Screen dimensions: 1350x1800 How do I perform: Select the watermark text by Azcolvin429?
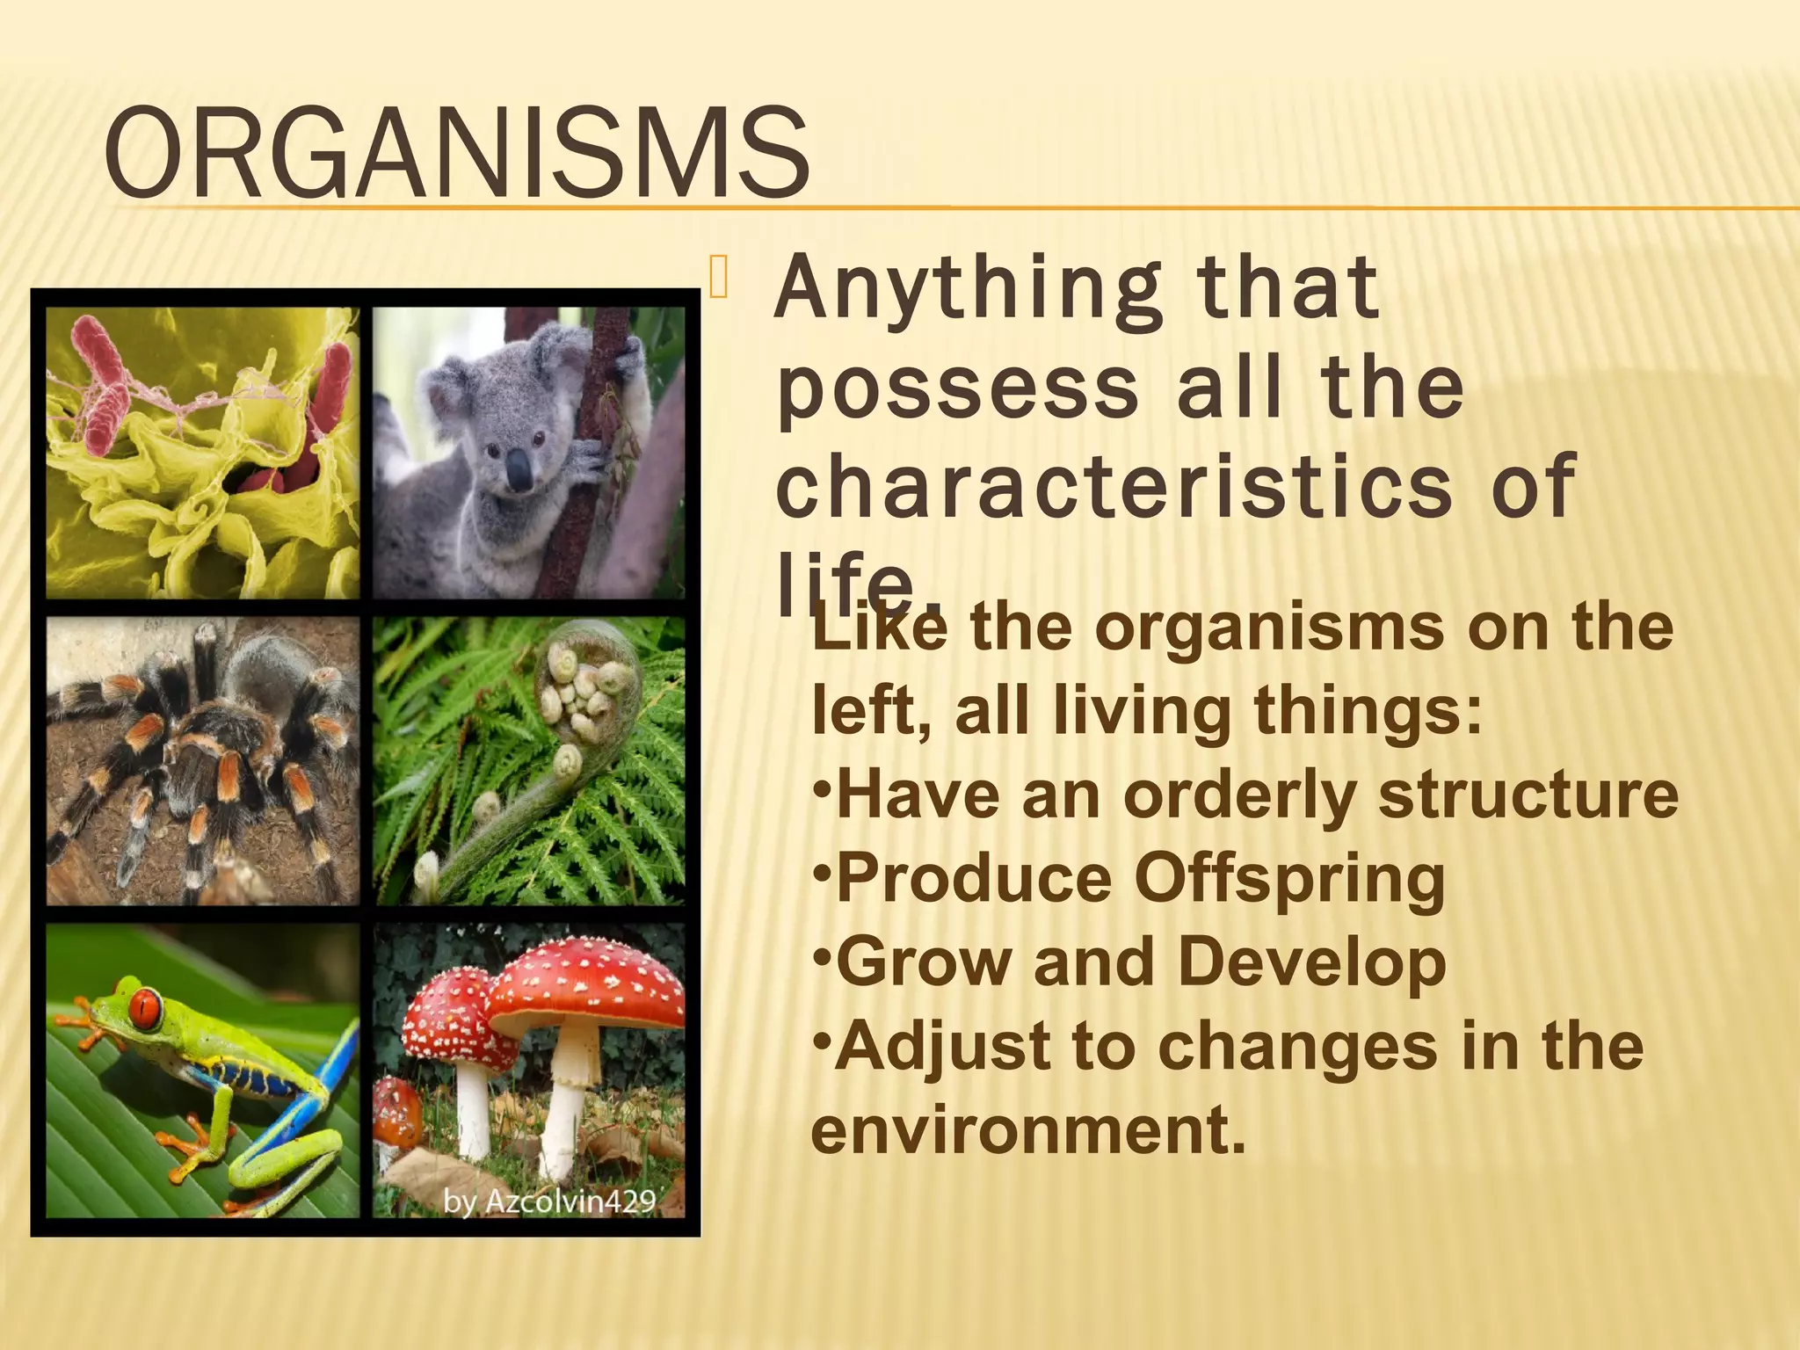pyautogui.click(x=549, y=1201)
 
